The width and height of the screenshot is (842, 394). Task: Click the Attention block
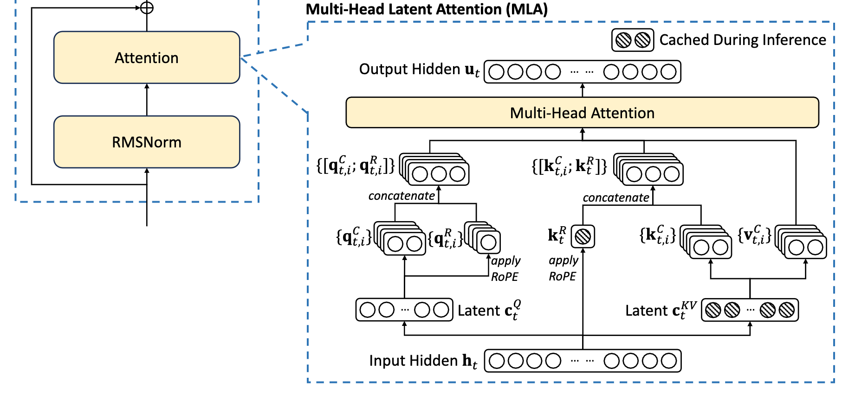click(147, 57)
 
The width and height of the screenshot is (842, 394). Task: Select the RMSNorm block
click(147, 142)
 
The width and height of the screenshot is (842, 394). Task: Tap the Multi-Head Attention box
click(582, 113)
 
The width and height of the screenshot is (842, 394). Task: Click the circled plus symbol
click(147, 8)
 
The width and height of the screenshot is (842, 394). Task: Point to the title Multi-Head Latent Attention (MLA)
click(427, 9)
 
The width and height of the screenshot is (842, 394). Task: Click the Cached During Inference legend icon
click(632, 40)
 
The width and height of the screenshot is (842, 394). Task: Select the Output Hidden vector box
click(582, 72)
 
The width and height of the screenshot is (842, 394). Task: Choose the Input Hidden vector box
click(583, 361)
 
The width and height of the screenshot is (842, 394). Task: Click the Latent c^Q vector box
click(404, 310)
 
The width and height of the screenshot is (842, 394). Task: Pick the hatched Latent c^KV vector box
click(750, 310)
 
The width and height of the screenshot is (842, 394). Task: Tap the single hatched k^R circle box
click(583, 236)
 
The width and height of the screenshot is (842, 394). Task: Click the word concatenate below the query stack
click(402, 196)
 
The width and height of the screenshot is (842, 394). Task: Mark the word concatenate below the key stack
click(616, 198)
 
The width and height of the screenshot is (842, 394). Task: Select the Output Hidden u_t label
click(419, 70)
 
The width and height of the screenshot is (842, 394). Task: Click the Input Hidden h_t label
click(423, 361)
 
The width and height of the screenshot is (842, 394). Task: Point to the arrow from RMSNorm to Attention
click(147, 100)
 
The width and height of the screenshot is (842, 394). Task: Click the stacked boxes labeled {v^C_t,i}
click(802, 242)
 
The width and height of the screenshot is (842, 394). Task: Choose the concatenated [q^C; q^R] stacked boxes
click(435, 170)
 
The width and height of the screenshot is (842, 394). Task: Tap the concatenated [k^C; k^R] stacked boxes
click(649, 170)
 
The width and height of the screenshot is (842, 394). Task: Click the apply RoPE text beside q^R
click(505, 268)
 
